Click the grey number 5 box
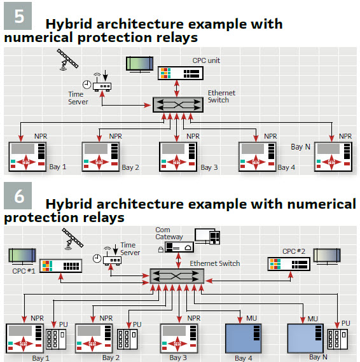(x=18, y=16)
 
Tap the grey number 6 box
(x=18, y=195)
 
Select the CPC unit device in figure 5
(x=181, y=73)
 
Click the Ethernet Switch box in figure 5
(x=178, y=105)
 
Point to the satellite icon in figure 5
(x=67, y=59)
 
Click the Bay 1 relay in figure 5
(x=27, y=157)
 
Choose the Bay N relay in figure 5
(x=333, y=157)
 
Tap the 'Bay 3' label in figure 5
(x=209, y=167)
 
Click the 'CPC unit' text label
(x=206, y=60)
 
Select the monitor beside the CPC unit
(x=140, y=64)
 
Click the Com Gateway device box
(x=179, y=247)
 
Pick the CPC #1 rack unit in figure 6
(x=60, y=266)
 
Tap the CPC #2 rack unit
(x=289, y=264)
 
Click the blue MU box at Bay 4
(x=243, y=338)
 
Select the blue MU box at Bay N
(x=305, y=338)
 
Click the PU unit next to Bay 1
(x=56, y=338)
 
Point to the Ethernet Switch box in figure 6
(x=177, y=276)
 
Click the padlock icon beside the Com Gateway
(x=161, y=249)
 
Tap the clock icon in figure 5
(x=87, y=85)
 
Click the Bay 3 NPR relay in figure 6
(x=179, y=338)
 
